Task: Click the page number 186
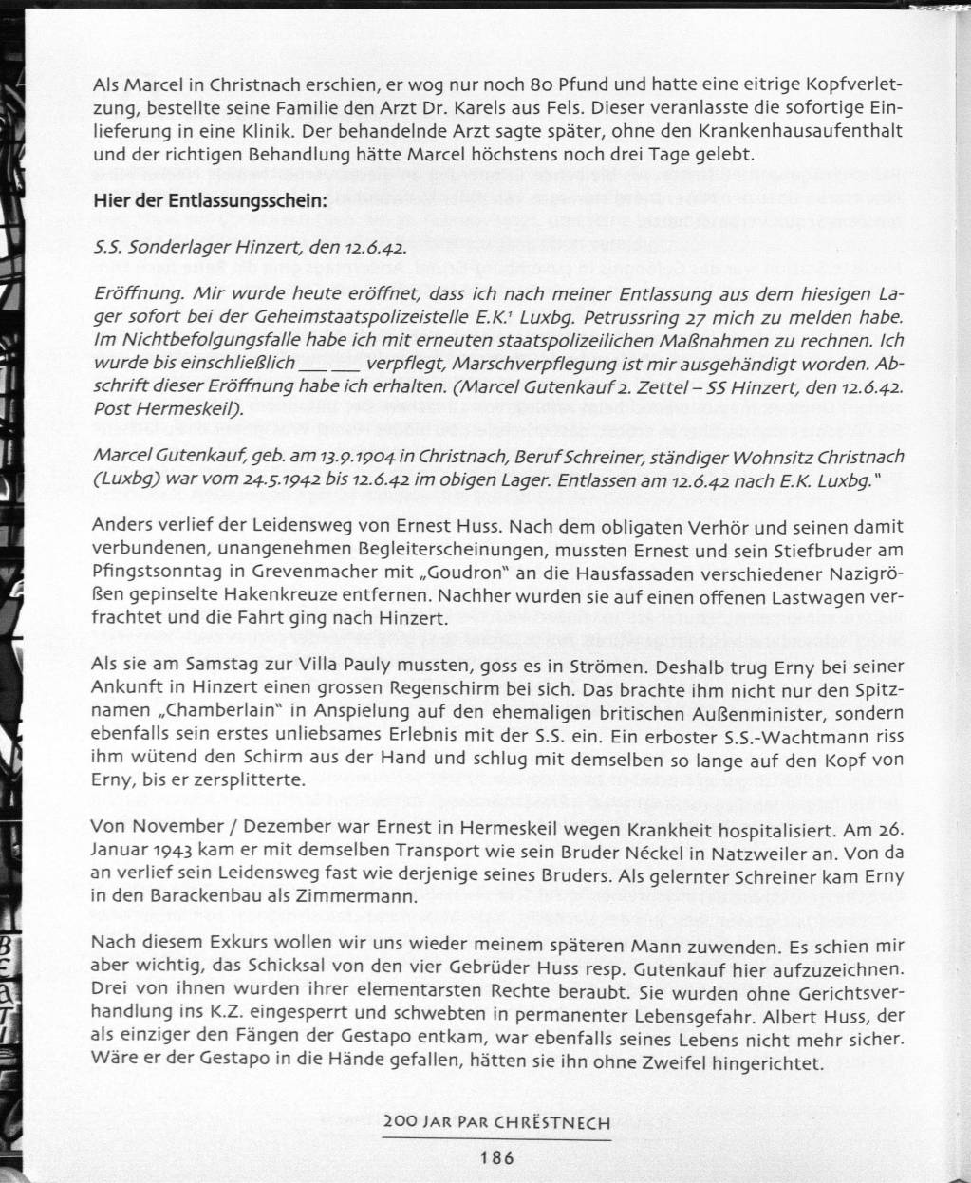pos(496,1156)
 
